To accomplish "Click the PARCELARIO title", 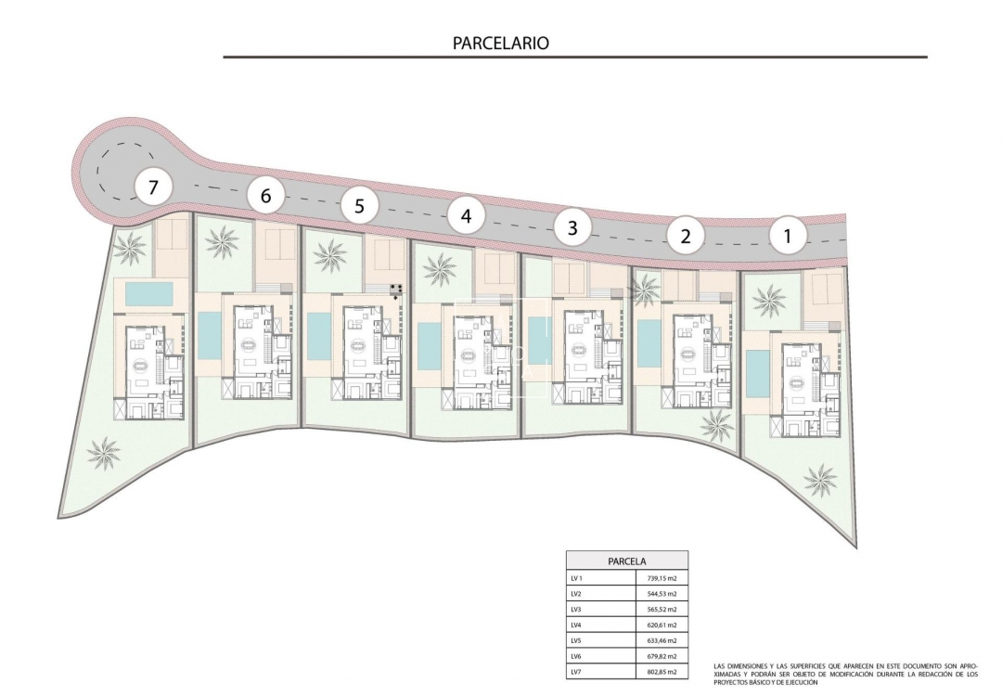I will pos(501,43).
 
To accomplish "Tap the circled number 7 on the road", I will pos(154,187).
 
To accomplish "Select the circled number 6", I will pos(266,196).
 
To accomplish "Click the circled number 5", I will pos(359,206).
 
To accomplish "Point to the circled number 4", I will pos(466,216).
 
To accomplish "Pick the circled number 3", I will pos(572,226).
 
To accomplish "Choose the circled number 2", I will pos(686,236).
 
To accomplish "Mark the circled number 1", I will pos(788,236).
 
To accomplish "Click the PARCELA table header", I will pos(627,561).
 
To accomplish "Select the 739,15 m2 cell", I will pos(662,577).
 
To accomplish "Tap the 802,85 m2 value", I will pos(662,672).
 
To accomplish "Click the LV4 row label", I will pos(577,625).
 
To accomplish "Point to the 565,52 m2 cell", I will pos(662,609).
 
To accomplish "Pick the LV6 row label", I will pos(577,656).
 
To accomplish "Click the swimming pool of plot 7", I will pos(148,294).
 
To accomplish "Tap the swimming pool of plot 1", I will pos(757,371).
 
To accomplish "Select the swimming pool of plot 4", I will pos(430,345).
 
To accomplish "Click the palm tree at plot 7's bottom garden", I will pos(103,452).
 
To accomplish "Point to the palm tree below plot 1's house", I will pos(820,479).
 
